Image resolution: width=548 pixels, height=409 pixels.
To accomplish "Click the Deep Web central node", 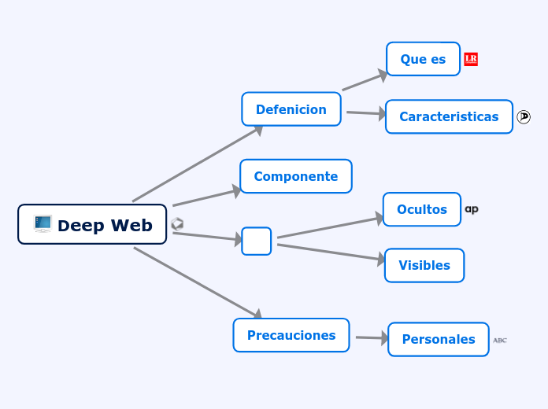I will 92,224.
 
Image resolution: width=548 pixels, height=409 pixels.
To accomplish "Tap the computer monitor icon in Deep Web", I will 43,224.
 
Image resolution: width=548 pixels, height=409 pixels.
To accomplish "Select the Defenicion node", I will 291,109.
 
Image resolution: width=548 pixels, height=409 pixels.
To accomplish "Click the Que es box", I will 423,59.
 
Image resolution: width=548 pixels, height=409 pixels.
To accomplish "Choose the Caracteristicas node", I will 449,116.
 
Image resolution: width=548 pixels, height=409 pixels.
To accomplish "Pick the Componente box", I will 295,176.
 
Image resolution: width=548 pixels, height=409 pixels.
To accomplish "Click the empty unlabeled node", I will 256,241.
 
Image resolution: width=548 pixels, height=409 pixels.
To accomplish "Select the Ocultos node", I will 421,209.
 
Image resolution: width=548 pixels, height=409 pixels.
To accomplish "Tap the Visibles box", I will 424,265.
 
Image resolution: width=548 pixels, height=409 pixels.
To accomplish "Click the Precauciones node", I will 291,335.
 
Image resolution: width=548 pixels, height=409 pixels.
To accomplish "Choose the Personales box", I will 438,339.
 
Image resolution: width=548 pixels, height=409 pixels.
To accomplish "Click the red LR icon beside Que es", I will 471,59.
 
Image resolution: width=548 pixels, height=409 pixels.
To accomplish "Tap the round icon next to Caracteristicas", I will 524,116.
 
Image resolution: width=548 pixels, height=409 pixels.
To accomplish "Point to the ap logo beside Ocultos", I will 472,209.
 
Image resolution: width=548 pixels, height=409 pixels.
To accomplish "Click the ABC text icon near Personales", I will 500,340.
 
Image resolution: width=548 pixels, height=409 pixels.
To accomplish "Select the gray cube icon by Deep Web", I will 177,224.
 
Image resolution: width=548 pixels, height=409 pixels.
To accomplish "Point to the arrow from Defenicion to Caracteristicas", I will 365,113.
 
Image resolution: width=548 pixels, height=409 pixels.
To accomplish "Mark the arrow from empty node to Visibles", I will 331,252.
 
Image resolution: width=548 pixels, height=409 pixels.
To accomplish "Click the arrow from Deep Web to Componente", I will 206,197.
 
